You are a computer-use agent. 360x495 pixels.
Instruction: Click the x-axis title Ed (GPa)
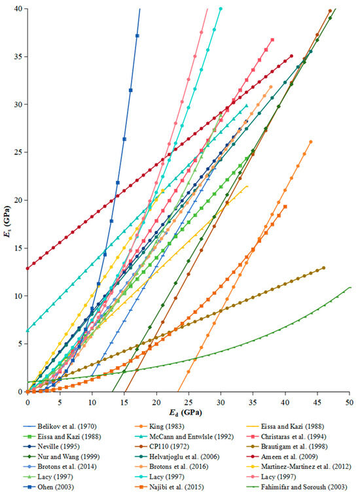coord(189,413)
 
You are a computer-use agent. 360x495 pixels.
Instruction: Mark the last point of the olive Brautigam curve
coord(323,267)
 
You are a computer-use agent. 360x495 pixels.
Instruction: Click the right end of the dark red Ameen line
coord(291,56)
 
